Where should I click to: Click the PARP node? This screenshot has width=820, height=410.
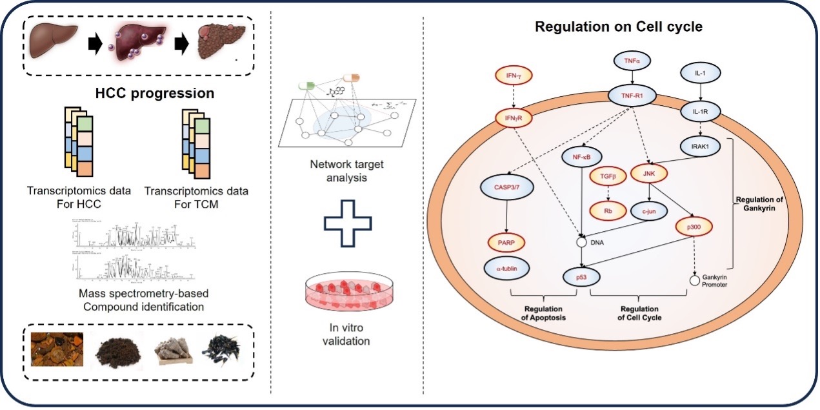[506, 243]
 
